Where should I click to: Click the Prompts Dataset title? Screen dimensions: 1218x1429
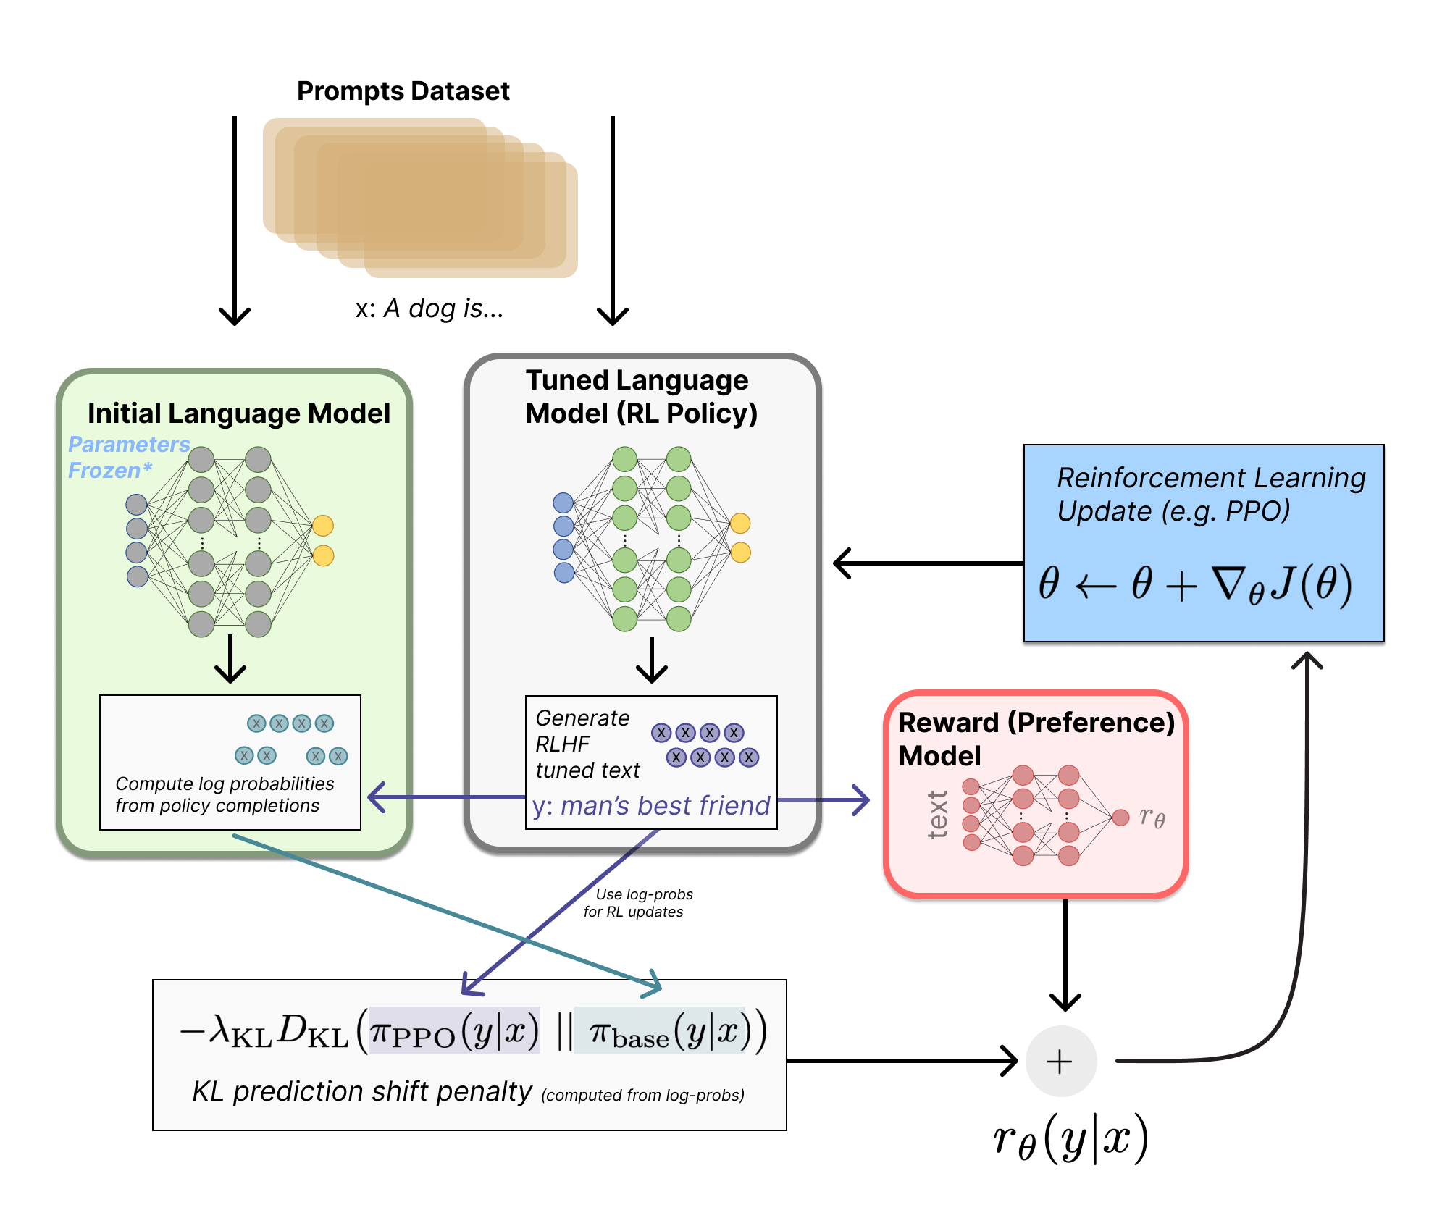click(x=403, y=91)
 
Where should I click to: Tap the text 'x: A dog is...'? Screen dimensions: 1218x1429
click(x=429, y=309)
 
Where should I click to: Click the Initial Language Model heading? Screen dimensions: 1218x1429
click(x=238, y=413)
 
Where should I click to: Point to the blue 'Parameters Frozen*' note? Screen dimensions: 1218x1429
click(x=127, y=457)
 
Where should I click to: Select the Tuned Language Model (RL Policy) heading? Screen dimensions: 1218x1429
click(x=640, y=397)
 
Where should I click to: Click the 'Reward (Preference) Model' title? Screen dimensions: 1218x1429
click(x=1035, y=739)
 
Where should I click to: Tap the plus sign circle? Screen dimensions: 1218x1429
click(x=1060, y=1062)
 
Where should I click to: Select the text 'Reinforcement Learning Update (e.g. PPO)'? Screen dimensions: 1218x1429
click(x=1210, y=494)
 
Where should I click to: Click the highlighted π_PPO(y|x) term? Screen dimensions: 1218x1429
click(x=455, y=1031)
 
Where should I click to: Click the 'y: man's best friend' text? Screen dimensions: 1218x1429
click(x=650, y=806)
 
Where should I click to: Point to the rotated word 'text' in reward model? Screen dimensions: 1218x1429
click(x=937, y=815)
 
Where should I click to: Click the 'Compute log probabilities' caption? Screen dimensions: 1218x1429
click(x=224, y=794)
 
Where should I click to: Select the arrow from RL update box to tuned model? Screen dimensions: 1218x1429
click(x=927, y=563)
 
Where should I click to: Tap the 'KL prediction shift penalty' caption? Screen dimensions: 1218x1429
click(x=361, y=1091)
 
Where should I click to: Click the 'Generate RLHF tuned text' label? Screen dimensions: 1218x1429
click(x=587, y=744)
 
